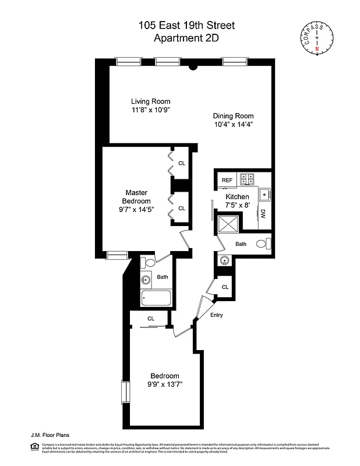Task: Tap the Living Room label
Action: [x=150, y=101]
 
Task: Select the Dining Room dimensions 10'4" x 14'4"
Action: [x=233, y=124]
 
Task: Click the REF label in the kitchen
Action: [x=227, y=181]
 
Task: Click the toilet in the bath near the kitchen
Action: [x=263, y=244]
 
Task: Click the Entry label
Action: [x=217, y=315]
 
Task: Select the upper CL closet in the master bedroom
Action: [x=182, y=163]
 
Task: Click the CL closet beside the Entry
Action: [x=225, y=287]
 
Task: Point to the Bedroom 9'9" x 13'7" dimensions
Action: [x=164, y=384]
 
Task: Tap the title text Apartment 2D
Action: [x=179, y=38]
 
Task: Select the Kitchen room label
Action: [x=237, y=197]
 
